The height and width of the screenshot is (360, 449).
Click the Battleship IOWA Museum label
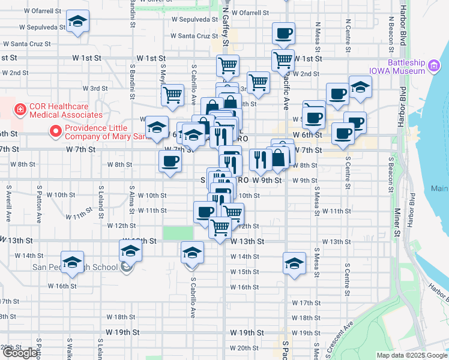[406, 67]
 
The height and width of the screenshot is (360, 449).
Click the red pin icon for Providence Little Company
[55, 130]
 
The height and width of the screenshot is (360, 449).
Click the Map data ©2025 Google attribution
[411, 355]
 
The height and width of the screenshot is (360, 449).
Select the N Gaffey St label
[226, 30]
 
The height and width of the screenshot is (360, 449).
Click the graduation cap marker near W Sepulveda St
[77, 22]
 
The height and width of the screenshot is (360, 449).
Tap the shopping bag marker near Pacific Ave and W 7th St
[279, 158]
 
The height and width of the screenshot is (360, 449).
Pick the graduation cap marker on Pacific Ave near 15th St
[294, 264]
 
